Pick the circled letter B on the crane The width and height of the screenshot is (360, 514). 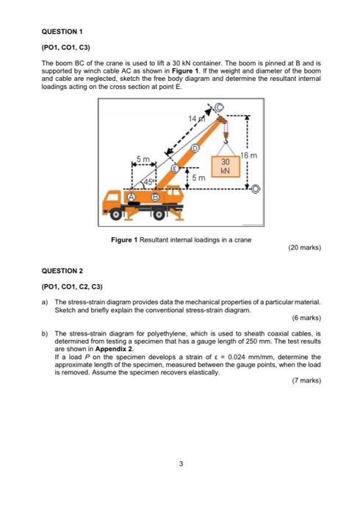coord(155,197)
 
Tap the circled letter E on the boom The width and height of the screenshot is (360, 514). coord(176,169)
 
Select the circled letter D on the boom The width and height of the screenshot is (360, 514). coord(195,149)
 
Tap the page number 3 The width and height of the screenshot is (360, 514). coord(180,463)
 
